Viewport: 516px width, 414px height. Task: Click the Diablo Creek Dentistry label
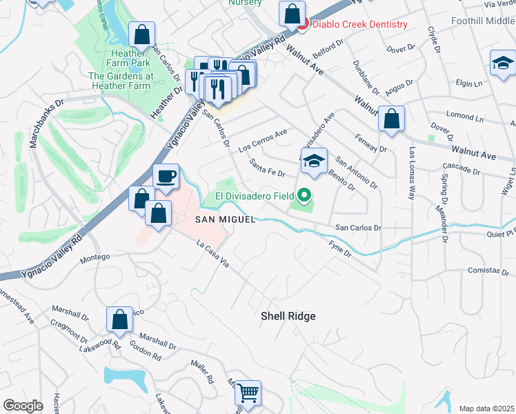359,25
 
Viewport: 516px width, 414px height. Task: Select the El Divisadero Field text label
255,196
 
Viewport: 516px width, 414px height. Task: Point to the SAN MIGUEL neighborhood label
226,219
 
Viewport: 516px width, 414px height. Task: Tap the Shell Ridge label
288,316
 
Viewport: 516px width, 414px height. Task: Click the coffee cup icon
166,177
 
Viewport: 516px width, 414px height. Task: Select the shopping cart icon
248,393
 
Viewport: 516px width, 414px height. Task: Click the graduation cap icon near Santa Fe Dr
314,161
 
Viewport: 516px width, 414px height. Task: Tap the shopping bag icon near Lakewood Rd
119,319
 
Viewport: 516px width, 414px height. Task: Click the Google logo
23,405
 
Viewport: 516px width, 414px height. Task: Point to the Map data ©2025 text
486,408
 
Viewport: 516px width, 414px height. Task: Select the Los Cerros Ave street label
262,140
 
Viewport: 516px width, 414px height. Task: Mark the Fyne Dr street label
340,249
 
